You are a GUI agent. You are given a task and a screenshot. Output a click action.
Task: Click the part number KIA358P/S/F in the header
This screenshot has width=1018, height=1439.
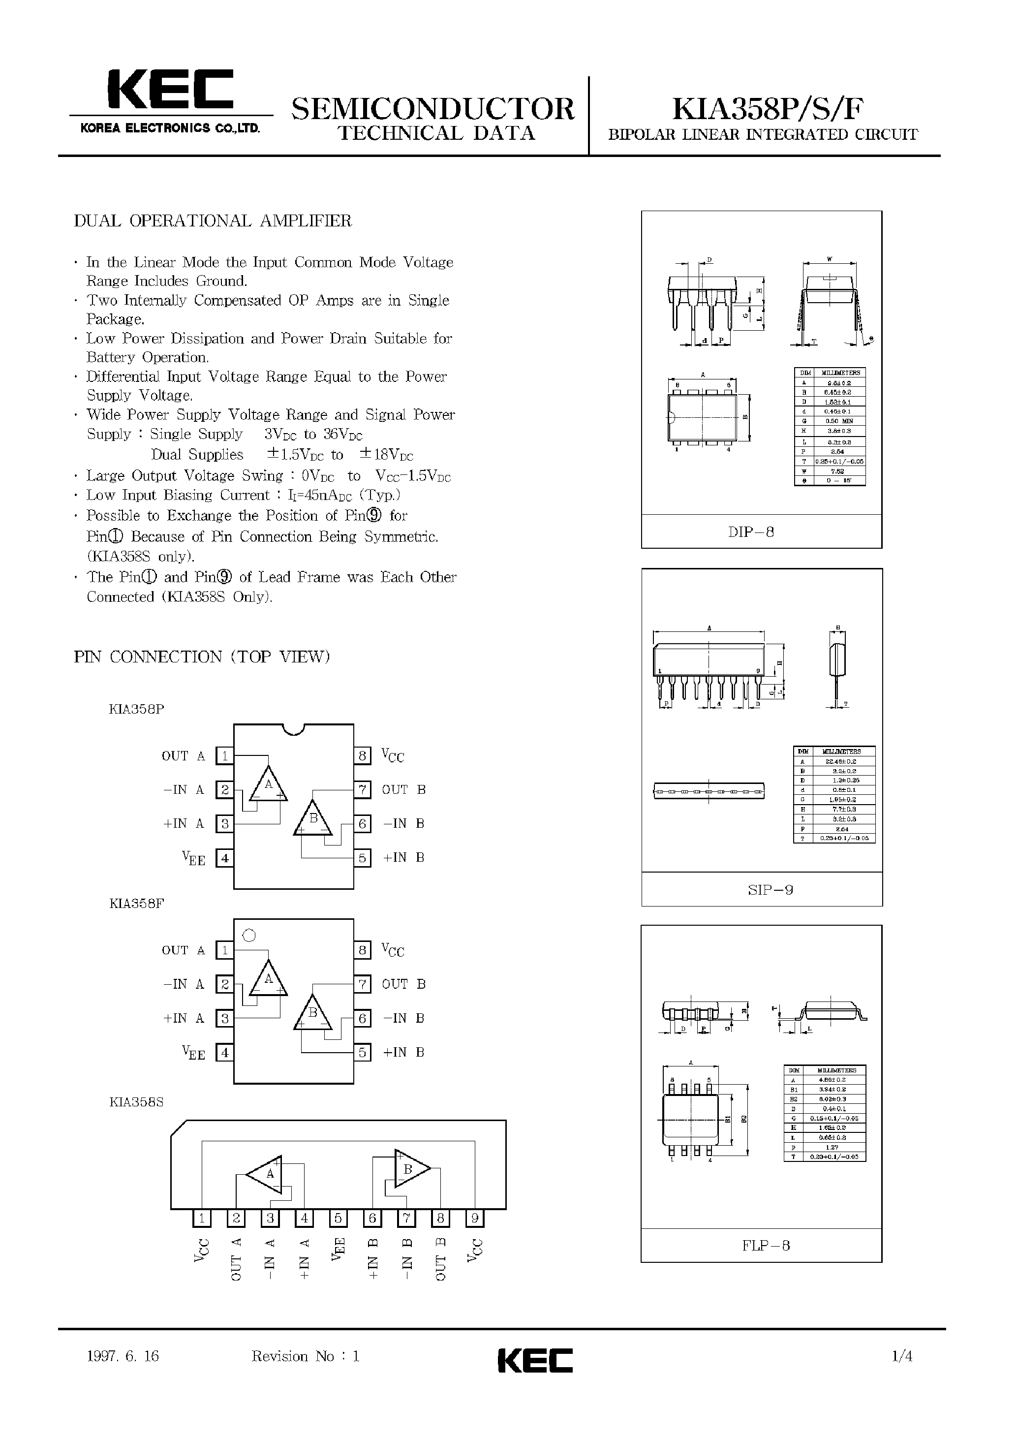pos(768,110)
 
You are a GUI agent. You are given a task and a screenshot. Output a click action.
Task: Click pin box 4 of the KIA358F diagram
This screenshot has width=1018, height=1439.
pos(224,1052)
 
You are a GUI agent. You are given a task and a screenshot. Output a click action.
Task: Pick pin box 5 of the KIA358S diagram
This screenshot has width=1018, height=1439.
pos(338,1219)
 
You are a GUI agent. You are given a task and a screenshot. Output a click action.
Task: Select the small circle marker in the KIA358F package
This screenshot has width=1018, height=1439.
pos(249,936)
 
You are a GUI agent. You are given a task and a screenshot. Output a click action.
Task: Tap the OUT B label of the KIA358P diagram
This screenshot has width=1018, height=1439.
pos(403,790)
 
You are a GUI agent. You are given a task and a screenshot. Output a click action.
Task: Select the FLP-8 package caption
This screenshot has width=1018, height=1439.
pos(766,1245)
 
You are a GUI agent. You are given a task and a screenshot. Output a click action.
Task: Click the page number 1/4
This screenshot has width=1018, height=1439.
pos(902,1356)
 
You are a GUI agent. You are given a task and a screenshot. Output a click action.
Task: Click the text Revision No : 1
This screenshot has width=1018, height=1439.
pos(305,1356)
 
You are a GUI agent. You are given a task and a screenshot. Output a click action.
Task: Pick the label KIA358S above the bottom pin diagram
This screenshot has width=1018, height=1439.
pos(136,1102)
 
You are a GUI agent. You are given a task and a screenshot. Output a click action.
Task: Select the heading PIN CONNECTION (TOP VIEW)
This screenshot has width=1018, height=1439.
pos(202,657)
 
